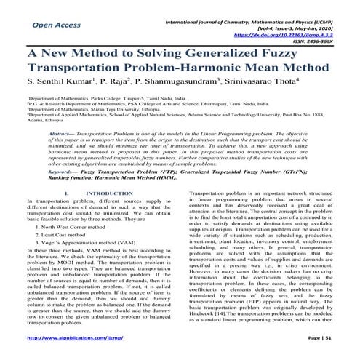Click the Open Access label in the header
55,24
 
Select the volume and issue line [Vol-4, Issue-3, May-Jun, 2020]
305,24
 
